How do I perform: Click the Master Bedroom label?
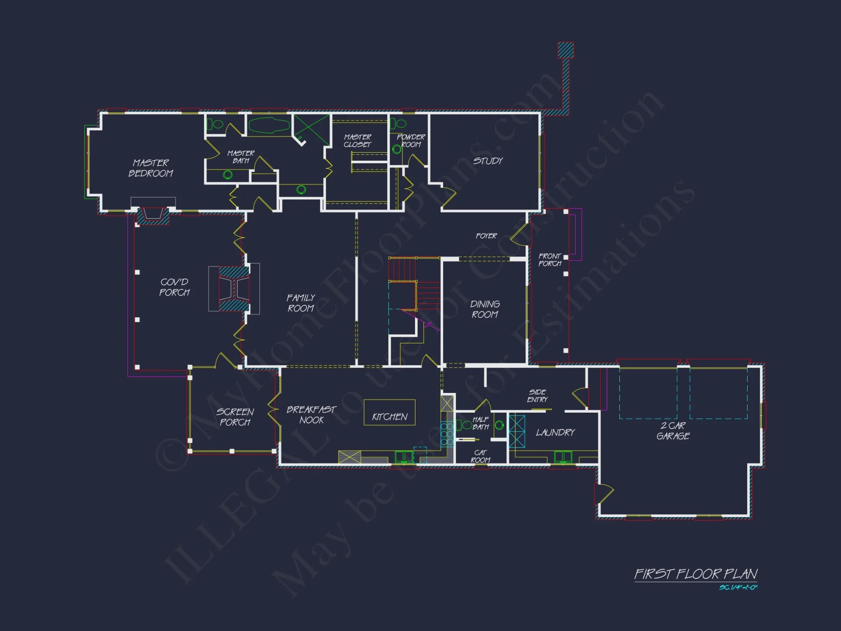click(151, 168)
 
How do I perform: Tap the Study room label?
click(488, 161)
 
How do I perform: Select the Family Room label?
click(301, 303)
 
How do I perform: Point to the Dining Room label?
click(485, 309)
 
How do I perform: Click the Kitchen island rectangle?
click(389, 412)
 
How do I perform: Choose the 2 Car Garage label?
click(673, 431)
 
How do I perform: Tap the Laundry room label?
click(555, 432)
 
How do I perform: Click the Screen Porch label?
click(235, 417)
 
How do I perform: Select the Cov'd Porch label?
click(175, 287)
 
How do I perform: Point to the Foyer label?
click(486, 236)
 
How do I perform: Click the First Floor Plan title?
click(696, 574)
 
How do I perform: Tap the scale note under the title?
click(738, 587)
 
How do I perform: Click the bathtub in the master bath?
click(269, 125)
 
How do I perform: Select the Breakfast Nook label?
click(311, 415)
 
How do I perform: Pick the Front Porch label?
click(550, 260)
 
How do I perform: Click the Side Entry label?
click(537, 396)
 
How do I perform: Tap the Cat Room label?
click(480, 456)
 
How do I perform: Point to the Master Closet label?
click(357, 141)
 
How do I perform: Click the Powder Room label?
click(411, 141)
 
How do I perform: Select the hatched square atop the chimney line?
click(566, 50)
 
